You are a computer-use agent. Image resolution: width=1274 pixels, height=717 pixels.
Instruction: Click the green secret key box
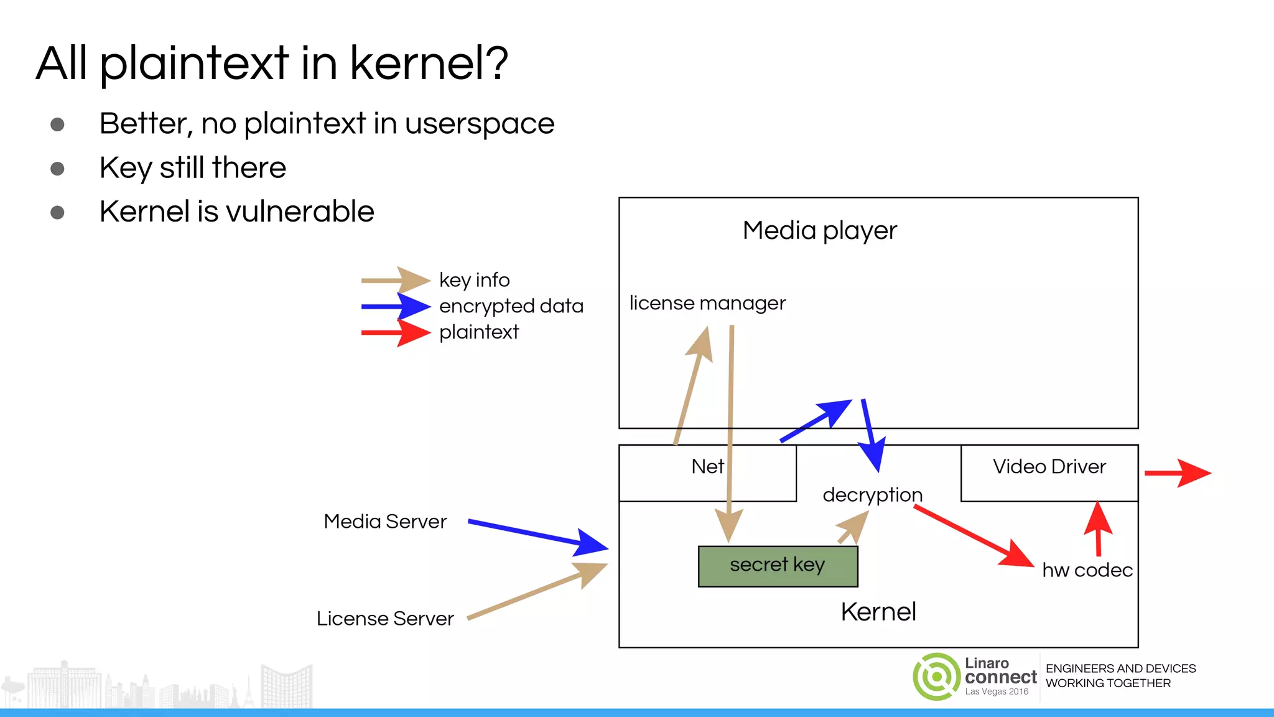pos(778,566)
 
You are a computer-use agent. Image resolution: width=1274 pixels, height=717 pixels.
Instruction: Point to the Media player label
pos(819,231)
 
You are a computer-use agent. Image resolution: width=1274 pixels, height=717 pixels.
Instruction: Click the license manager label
pos(707,303)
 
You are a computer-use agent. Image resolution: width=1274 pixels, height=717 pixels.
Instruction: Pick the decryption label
pos(872,495)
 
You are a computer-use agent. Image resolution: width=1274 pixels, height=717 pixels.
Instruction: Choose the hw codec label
pos(1087,570)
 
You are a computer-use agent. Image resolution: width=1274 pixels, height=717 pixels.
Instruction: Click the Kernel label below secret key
pos(878,612)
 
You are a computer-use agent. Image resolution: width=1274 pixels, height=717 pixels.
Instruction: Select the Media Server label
pos(385,522)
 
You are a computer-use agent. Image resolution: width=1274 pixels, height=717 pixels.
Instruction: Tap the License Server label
pos(385,619)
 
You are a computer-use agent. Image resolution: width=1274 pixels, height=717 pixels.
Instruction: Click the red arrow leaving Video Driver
pos(1177,473)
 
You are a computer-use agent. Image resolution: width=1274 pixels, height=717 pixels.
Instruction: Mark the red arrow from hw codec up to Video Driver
pos(1098,529)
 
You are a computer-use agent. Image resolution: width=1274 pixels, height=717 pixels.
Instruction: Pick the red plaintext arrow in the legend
pos(396,333)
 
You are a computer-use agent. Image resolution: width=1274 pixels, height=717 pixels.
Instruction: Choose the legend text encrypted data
pos(511,306)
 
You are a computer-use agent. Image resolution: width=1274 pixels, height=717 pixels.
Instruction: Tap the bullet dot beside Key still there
pos(57,169)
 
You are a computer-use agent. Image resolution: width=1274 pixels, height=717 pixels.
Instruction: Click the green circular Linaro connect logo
pos(936,677)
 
